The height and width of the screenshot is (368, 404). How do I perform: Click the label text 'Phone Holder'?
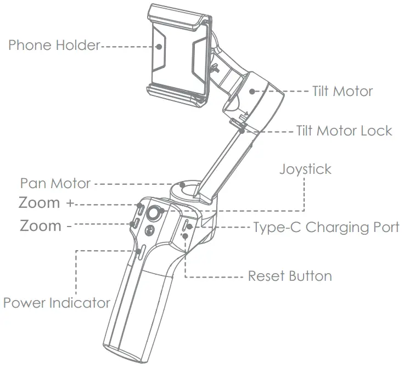point(54,45)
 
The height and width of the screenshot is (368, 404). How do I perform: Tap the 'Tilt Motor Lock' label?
point(344,131)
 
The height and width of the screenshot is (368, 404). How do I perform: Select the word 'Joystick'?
point(305,168)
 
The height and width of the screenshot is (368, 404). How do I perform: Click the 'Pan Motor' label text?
point(55,183)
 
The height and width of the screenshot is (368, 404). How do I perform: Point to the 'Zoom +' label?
point(46,202)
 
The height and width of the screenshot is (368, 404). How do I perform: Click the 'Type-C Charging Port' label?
point(326,227)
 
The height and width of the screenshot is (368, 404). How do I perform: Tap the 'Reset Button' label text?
point(290,275)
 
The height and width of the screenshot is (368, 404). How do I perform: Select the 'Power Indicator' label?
point(57,302)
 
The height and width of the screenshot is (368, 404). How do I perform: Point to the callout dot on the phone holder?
point(159,47)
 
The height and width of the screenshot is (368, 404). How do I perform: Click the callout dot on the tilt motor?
point(252,92)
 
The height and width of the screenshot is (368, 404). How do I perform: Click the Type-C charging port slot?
point(186,225)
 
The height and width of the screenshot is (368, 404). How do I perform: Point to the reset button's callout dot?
point(186,235)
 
